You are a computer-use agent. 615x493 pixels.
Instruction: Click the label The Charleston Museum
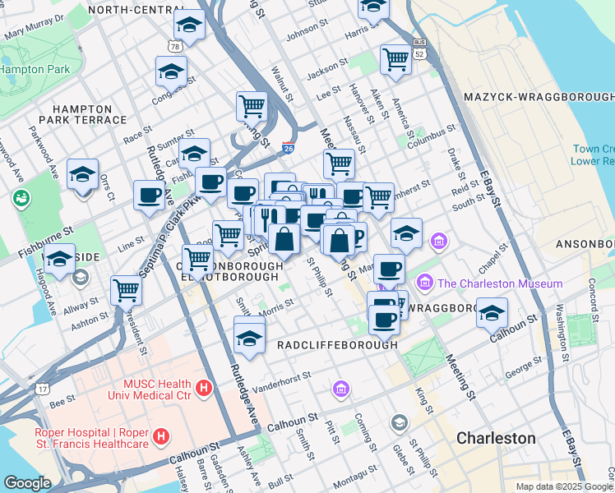coord(500,283)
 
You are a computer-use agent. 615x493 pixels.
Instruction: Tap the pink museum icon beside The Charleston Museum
coord(426,283)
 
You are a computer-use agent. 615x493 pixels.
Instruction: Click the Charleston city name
coord(496,438)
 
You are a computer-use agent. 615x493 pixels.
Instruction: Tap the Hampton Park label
coord(35,70)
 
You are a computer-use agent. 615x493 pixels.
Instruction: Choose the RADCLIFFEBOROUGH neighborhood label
coord(337,345)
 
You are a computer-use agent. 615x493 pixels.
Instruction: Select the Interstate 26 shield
coord(288,148)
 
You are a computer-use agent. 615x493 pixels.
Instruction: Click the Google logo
coord(26,483)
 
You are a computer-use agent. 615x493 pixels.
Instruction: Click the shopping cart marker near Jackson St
coord(395,59)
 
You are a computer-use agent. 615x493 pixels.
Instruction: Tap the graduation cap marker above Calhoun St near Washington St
coord(492,314)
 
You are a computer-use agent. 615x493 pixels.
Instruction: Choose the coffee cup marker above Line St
coord(149,196)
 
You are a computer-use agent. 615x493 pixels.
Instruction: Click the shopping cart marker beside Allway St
coord(126,289)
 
